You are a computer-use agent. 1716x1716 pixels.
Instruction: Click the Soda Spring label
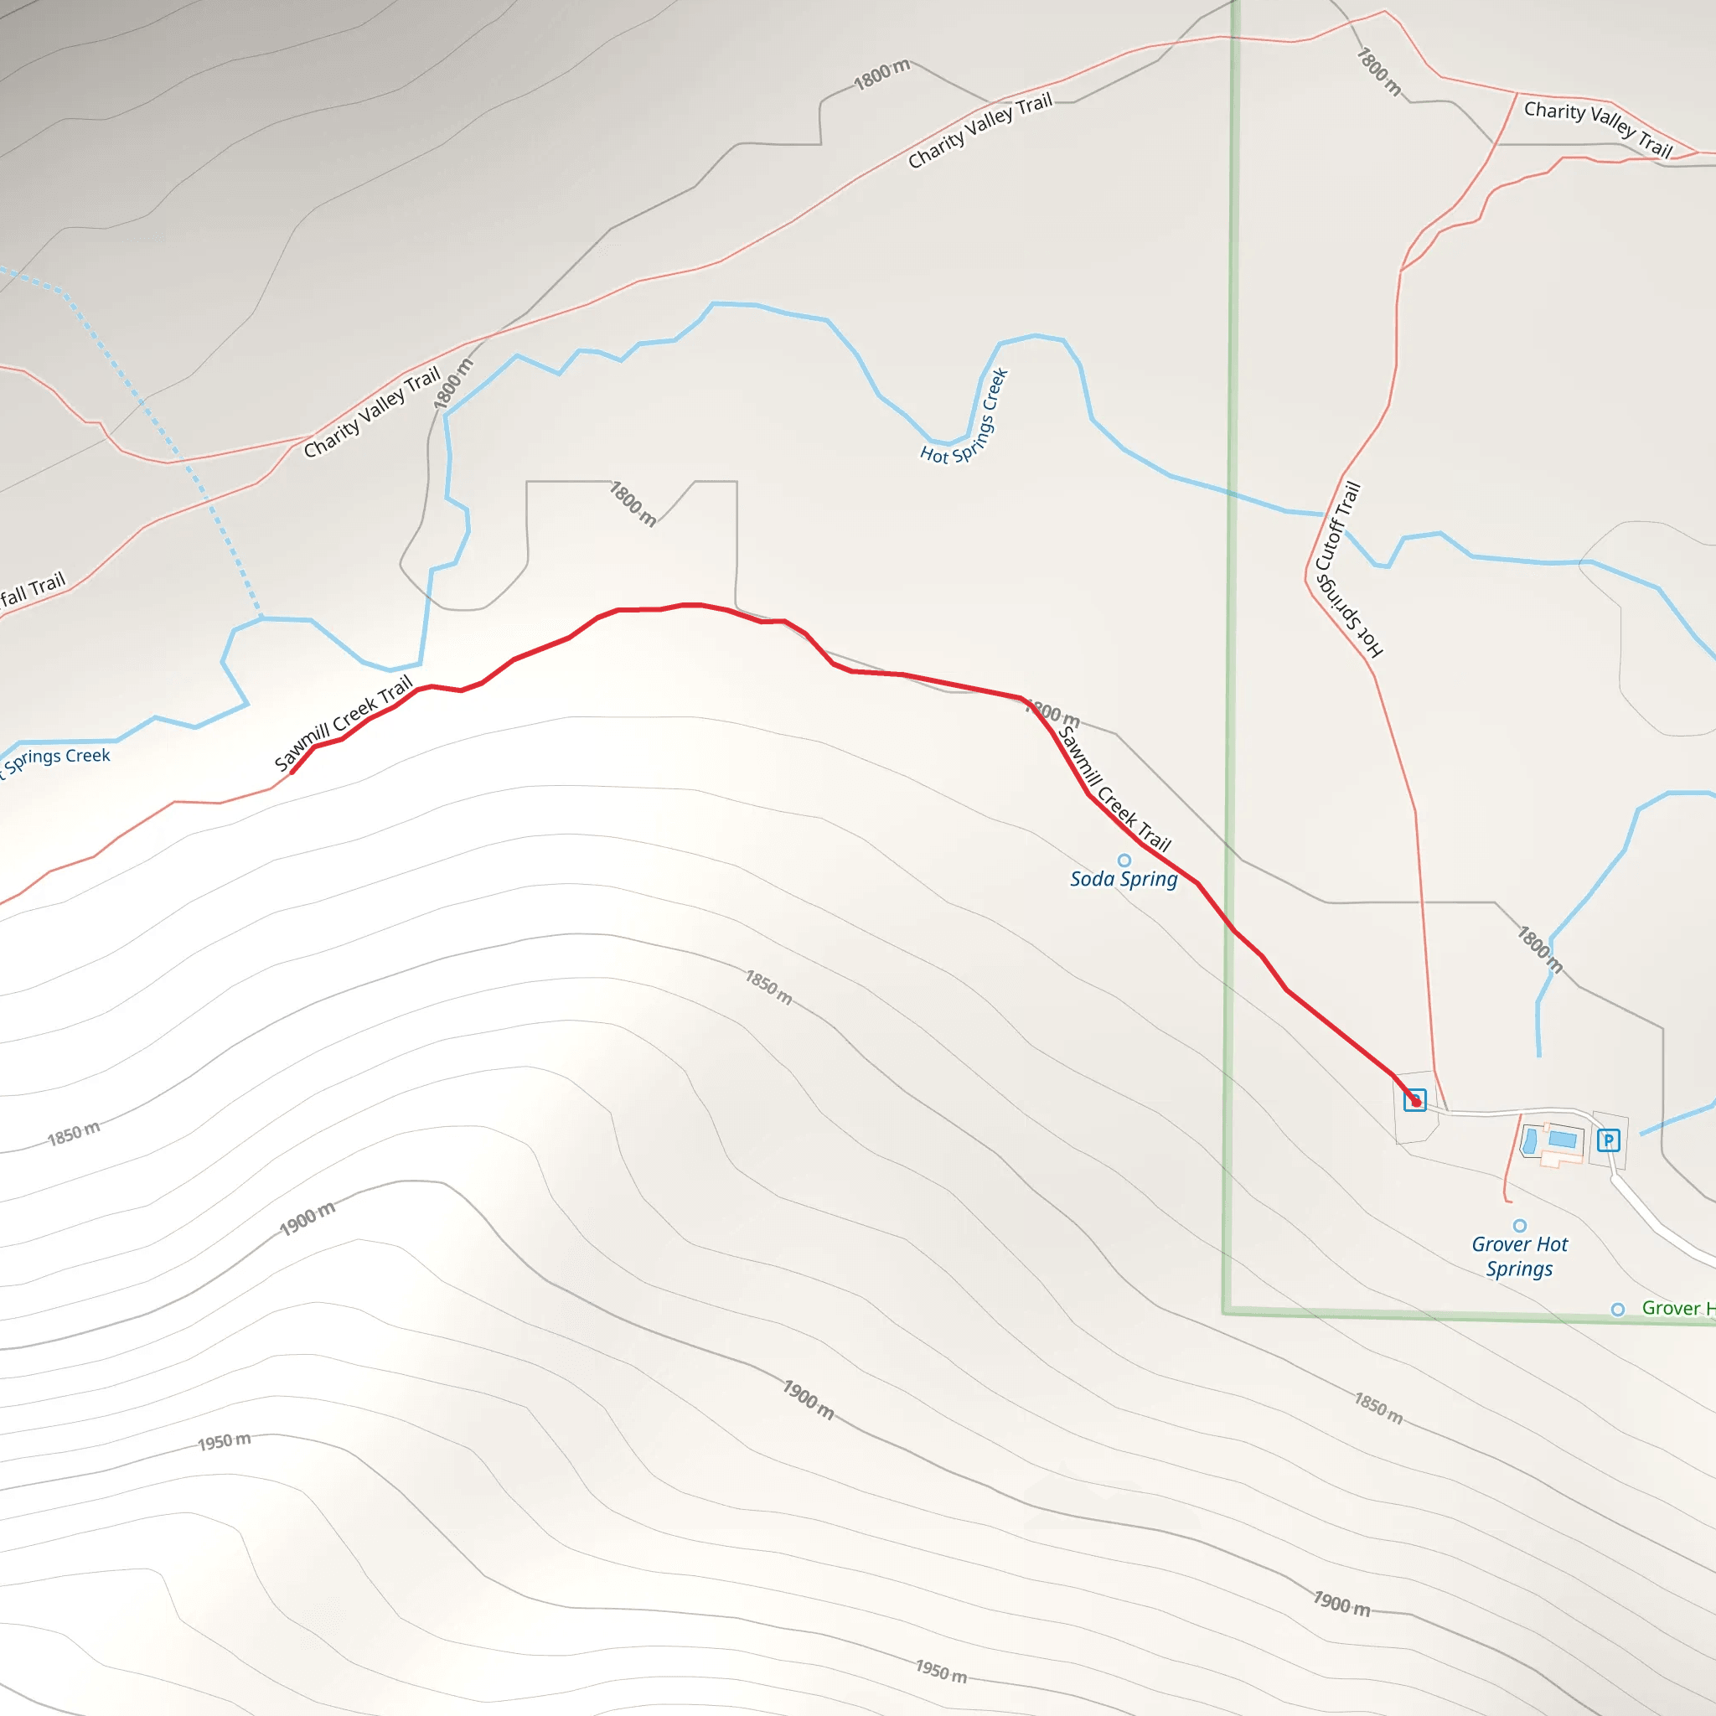1124,879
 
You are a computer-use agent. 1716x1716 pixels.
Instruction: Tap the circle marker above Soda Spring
1124,860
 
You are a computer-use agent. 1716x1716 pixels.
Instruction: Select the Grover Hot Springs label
1520,1256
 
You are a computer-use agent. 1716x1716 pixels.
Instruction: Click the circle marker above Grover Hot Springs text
1520,1226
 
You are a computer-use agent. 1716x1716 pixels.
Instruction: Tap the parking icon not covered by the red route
1608,1140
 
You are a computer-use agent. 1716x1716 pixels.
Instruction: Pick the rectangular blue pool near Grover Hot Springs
1563,1139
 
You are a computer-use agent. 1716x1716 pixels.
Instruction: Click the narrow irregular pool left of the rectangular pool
1529,1141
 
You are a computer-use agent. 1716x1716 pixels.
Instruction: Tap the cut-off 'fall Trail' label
34,590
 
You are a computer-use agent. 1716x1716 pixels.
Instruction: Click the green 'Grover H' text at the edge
1677,1308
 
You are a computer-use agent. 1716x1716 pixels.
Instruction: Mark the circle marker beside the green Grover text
1618,1310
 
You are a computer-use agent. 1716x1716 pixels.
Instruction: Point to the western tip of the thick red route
292,772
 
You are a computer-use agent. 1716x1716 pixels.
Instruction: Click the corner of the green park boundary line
1226,1312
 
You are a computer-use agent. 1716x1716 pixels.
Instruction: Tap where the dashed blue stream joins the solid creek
261,618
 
